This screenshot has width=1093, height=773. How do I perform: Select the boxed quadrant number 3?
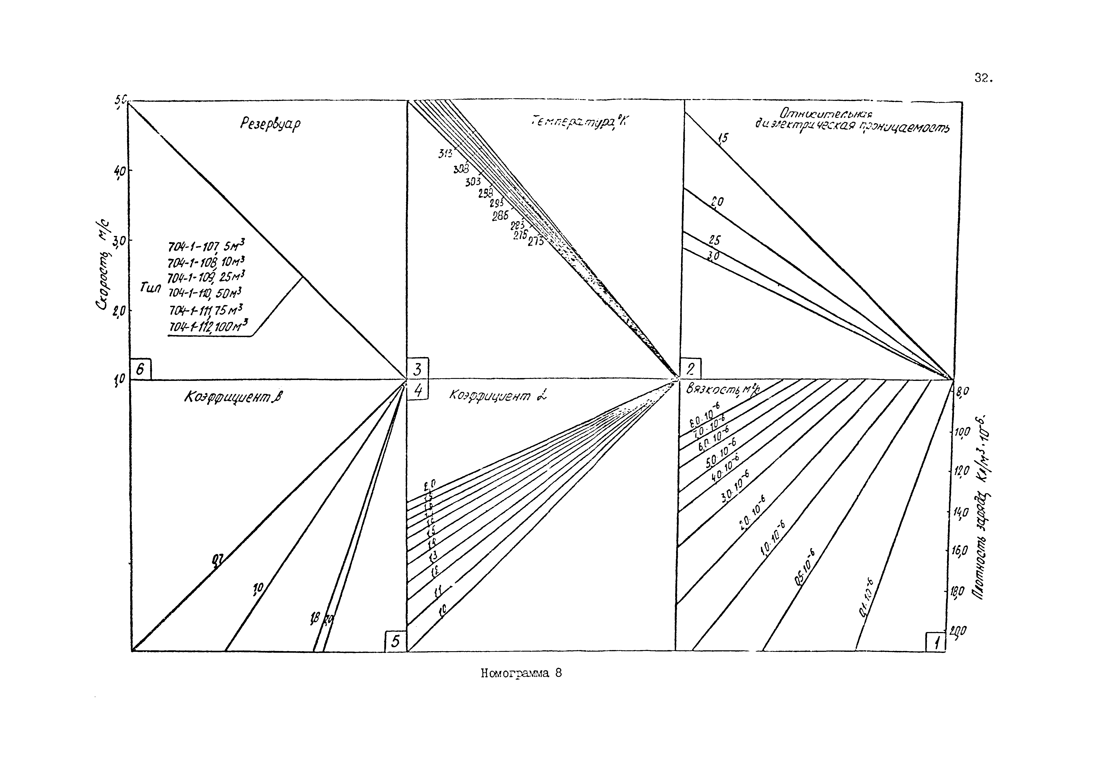418,369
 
